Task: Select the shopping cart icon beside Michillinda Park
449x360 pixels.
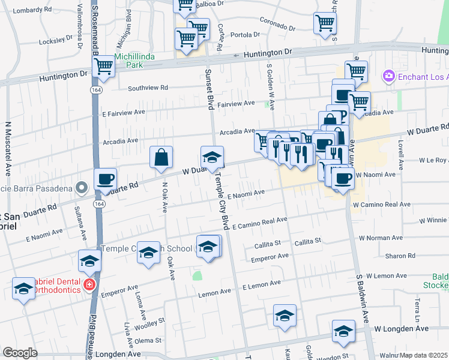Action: coord(103,67)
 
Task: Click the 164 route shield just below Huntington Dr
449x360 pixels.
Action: coord(96,89)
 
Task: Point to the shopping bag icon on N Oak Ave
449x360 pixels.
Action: coord(161,158)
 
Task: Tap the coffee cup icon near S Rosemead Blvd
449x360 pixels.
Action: coord(106,179)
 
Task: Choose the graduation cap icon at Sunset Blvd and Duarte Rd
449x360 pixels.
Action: coord(212,157)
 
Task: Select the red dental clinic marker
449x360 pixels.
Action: coord(89,284)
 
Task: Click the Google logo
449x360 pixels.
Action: coord(20,353)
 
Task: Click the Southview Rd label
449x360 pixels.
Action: coord(148,88)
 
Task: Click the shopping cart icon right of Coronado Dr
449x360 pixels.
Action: coord(325,24)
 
